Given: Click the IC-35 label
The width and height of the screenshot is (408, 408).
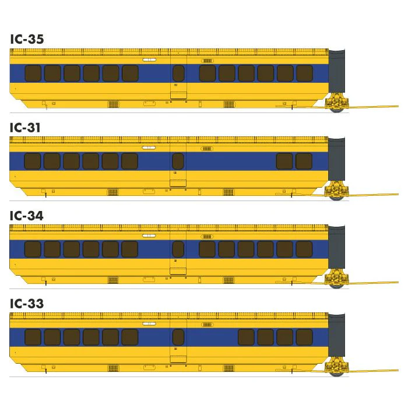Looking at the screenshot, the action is click(x=27, y=39).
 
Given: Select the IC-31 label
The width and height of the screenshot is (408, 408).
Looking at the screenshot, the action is click(x=25, y=128).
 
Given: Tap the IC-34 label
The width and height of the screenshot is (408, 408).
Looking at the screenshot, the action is click(x=27, y=216).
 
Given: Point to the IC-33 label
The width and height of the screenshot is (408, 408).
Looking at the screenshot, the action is click(x=27, y=304).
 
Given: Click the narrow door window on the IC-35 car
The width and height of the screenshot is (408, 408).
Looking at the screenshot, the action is click(x=178, y=73).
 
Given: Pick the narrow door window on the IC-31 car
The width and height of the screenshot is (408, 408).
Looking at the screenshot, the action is click(x=178, y=161).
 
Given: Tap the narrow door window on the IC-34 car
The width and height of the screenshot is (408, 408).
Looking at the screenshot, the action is click(x=178, y=249).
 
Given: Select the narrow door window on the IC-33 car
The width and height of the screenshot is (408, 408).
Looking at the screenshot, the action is click(x=178, y=337).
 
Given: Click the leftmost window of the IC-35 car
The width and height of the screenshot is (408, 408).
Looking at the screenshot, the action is click(x=33, y=73).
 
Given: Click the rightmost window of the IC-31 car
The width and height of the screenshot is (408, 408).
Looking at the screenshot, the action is click(x=304, y=161).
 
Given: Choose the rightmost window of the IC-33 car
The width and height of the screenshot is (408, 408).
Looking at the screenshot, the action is click(x=304, y=337).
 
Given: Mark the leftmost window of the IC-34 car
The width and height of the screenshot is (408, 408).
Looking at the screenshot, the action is click(x=33, y=249).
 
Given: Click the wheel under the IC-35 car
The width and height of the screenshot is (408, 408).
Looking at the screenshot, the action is click(x=337, y=110).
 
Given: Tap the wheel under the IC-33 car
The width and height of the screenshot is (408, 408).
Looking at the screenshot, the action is click(x=337, y=373).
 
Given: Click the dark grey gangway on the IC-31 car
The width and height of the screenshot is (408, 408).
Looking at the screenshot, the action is click(x=336, y=159).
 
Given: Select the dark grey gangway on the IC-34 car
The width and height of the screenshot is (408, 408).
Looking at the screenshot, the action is click(x=336, y=247).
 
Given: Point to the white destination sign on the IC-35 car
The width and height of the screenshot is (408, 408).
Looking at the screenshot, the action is click(x=149, y=60).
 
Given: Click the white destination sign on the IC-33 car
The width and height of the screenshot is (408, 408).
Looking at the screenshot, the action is click(x=149, y=323).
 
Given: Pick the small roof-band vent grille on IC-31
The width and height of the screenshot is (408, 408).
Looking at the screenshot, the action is click(x=207, y=149).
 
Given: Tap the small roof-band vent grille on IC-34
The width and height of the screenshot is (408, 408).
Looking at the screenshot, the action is click(x=207, y=237).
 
